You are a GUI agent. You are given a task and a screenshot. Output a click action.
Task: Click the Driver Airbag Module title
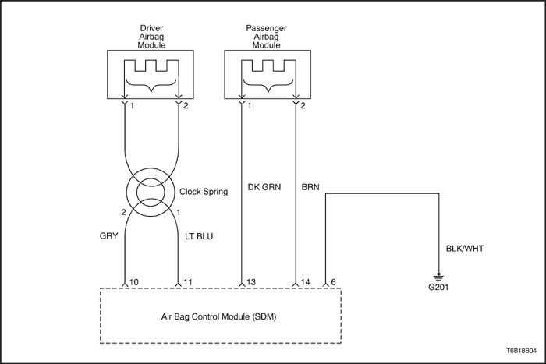click(x=151, y=37)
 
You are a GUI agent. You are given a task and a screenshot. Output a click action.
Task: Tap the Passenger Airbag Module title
click(x=267, y=37)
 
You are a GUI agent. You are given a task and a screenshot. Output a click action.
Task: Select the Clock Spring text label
click(x=204, y=192)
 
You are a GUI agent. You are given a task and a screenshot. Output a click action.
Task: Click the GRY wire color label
click(x=108, y=236)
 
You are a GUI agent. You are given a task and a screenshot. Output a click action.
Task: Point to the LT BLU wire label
click(x=199, y=236)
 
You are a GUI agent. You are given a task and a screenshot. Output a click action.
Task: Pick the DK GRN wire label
click(x=264, y=187)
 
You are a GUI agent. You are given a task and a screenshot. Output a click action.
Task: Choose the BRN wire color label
click(x=310, y=187)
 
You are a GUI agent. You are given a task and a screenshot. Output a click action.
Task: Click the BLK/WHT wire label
click(x=465, y=249)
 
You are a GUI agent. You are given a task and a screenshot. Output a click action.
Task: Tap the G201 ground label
click(x=438, y=287)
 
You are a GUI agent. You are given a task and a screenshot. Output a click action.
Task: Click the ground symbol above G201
click(x=438, y=277)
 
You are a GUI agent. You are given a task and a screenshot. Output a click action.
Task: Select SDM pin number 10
click(x=133, y=282)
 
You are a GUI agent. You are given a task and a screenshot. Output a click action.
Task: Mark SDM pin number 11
click(x=188, y=282)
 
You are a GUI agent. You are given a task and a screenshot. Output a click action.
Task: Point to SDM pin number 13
click(x=250, y=282)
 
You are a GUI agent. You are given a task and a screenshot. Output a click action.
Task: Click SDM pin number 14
click(x=305, y=282)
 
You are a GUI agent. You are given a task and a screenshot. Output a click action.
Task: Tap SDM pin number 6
click(x=333, y=282)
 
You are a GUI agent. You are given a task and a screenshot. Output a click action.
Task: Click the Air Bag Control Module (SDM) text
click(x=218, y=316)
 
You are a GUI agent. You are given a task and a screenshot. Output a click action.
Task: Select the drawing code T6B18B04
click(x=521, y=351)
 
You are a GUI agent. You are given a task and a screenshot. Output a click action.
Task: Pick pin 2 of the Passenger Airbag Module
click(x=303, y=105)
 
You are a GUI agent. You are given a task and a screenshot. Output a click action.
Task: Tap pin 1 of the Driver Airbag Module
click(x=133, y=105)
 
